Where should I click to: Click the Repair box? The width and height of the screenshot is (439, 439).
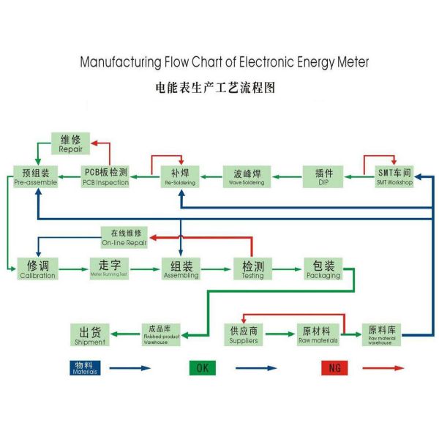pyautogui.click(x=71, y=143)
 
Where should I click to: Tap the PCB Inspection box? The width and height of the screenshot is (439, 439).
pyautogui.click(x=105, y=176)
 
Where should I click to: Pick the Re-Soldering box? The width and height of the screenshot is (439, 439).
pyautogui.click(x=180, y=176)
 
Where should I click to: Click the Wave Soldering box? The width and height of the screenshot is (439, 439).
pyautogui.click(x=247, y=176)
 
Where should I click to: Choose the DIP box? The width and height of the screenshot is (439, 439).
pyautogui.click(x=323, y=176)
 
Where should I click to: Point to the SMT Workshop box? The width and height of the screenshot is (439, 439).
pyautogui.click(x=394, y=176)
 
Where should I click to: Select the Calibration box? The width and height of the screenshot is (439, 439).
pyautogui.click(x=37, y=269)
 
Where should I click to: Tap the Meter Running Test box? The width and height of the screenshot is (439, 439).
pyautogui.click(x=109, y=269)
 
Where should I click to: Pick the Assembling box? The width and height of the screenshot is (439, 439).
pyautogui.click(x=181, y=269)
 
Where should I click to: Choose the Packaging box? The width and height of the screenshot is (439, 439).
pyautogui.click(x=323, y=269)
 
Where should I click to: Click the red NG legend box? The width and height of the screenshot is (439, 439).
pyautogui.click(x=335, y=368)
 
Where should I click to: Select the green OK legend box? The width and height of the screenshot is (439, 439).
pyautogui.click(x=202, y=368)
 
